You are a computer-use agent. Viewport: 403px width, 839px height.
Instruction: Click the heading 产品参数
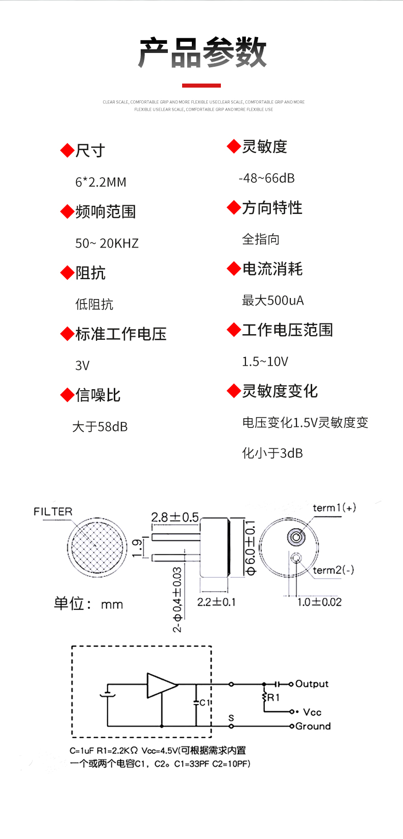[x=203, y=52]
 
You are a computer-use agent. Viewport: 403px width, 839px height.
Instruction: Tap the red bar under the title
[x=202, y=85]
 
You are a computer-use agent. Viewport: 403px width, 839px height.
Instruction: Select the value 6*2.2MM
[x=100, y=182]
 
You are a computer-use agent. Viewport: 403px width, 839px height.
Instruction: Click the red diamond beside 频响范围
[x=67, y=211]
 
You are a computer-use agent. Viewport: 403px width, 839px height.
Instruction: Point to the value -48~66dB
[x=266, y=178]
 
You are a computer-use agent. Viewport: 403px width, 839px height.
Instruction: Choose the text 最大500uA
[x=273, y=300]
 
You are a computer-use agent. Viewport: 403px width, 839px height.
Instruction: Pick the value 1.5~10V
[x=265, y=361]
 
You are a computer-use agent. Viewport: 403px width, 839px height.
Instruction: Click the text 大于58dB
[x=100, y=426]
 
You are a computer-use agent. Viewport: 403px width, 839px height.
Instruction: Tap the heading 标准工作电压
[x=120, y=334]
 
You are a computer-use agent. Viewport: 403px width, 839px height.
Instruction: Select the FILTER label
[x=53, y=511]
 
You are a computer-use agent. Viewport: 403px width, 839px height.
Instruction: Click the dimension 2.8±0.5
[x=175, y=517]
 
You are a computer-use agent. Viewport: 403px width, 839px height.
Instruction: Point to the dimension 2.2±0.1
[x=216, y=602]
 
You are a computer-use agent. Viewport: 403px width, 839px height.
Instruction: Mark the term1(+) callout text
[x=334, y=508]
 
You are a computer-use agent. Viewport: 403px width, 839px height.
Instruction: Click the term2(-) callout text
[x=333, y=570]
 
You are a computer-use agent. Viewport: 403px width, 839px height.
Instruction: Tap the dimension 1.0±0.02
[x=319, y=602]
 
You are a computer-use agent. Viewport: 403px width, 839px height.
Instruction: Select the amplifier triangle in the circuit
[x=160, y=685]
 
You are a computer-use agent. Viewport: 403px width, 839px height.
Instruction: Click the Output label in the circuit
[x=312, y=684]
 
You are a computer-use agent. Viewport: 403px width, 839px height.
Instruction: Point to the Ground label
[x=313, y=726]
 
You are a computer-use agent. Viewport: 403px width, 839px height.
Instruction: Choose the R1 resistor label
[x=273, y=697]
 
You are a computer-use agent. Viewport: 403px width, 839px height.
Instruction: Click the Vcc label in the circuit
[x=312, y=712]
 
